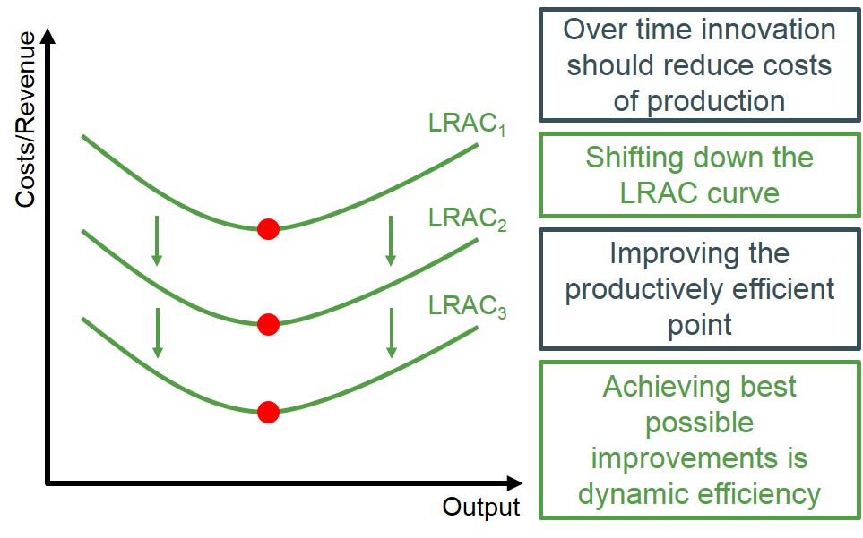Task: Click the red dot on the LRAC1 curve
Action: pyautogui.click(x=268, y=229)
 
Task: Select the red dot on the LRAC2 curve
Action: pyautogui.click(x=268, y=324)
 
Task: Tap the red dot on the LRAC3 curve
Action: pyautogui.click(x=268, y=412)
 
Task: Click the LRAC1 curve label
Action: pyautogui.click(x=467, y=125)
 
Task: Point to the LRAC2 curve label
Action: pyautogui.click(x=467, y=218)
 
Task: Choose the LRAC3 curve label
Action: pyautogui.click(x=467, y=306)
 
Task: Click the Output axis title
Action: pyautogui.click(x=480, y=507)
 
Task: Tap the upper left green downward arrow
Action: pyautogui.click(x=157, y=240)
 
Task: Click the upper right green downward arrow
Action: pyautogui.click(x=390, y=240)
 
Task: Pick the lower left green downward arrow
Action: pyautogui.click(x=158, y=333)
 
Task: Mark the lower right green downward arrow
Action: pyautogui.click(x=391, y=333)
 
